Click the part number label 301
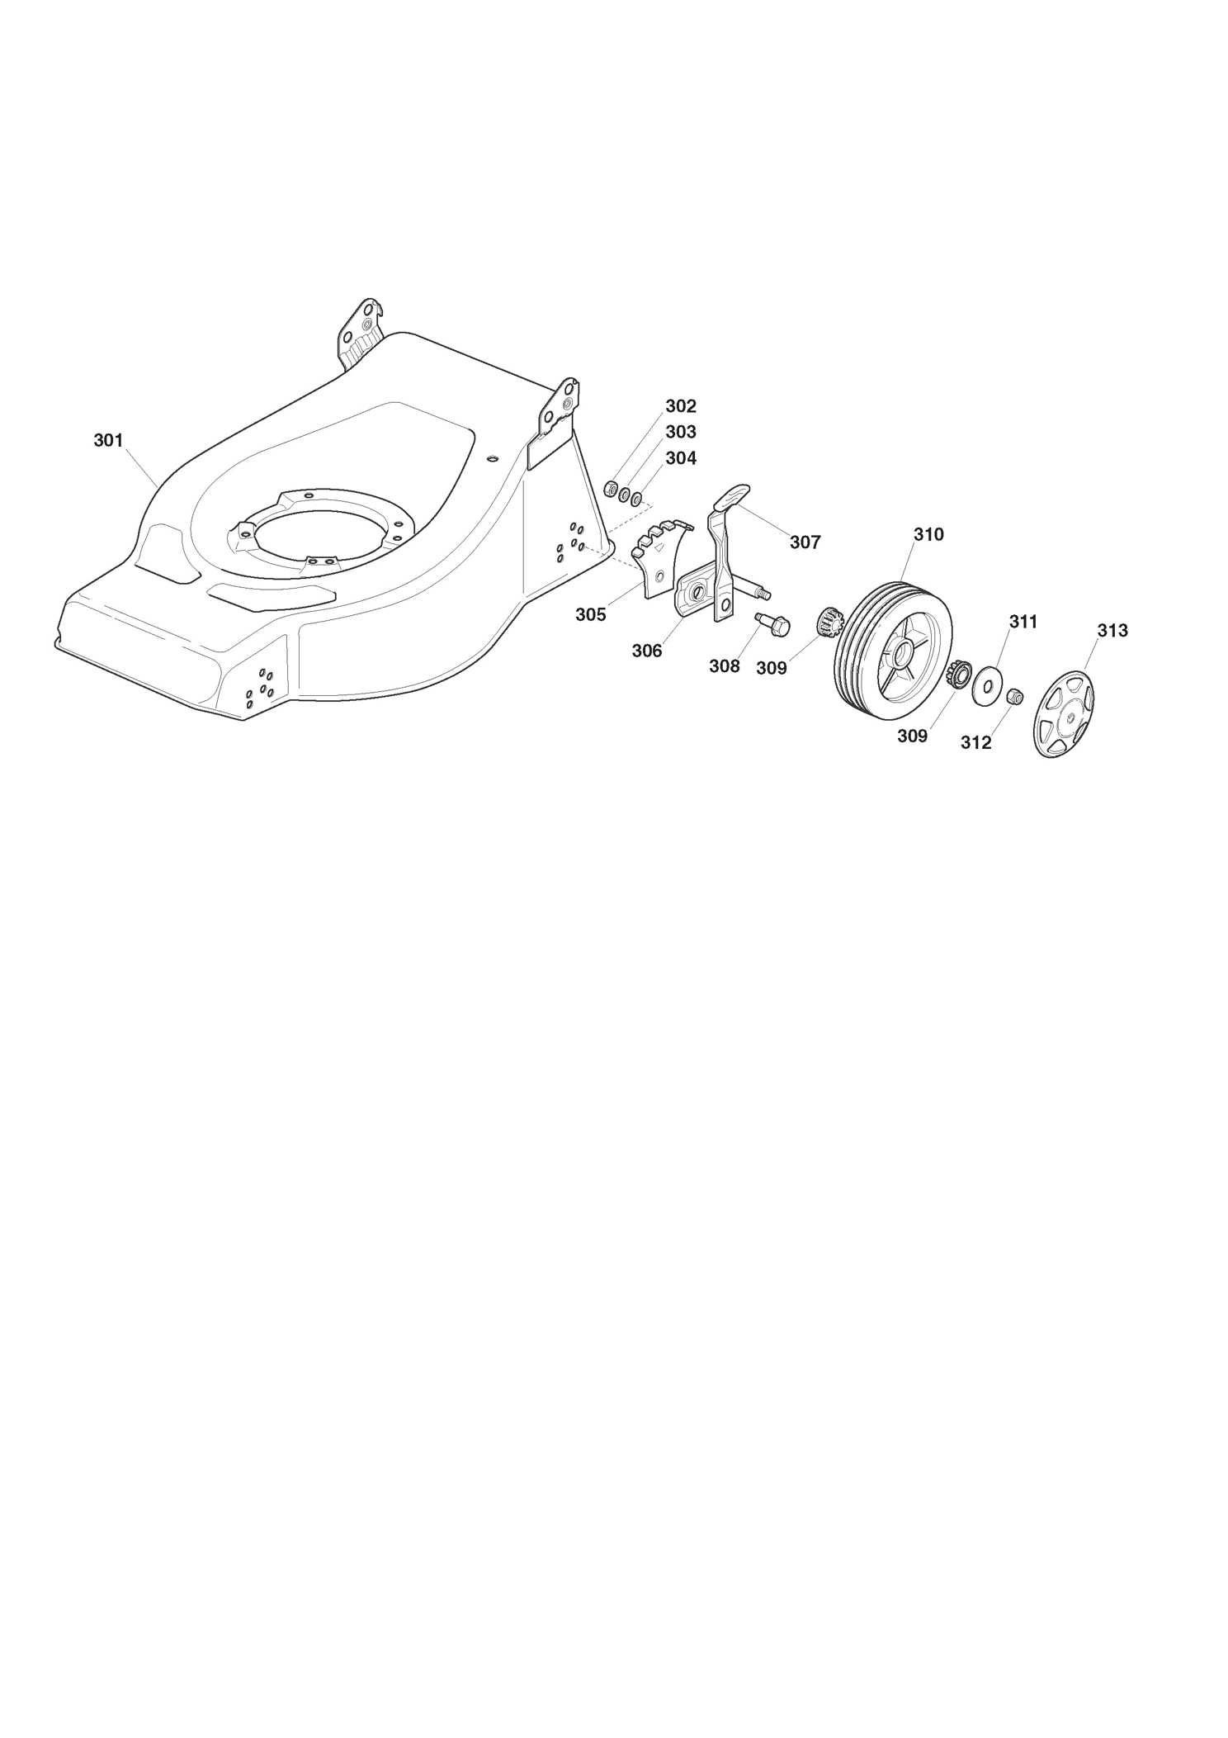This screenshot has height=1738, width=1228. pos(108,441)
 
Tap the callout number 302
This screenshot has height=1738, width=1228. pos(681,406)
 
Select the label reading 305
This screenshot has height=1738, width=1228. pos(591,615)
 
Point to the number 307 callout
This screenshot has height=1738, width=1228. pos(805,542)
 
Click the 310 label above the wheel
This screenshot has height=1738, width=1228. pos(928,535)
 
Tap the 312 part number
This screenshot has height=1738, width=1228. pos(976,743)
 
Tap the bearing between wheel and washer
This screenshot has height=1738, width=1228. pos(959,675)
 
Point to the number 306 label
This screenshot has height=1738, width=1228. pos(647,651)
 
